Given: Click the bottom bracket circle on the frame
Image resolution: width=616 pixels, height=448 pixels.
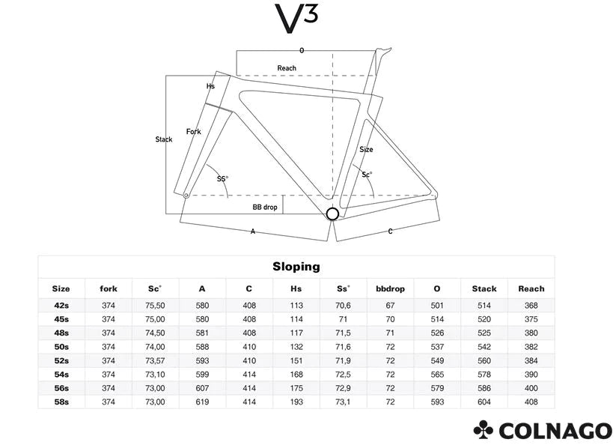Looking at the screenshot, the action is click(332, 214).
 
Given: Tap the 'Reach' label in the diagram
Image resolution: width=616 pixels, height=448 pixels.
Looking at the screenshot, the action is click(287, 68).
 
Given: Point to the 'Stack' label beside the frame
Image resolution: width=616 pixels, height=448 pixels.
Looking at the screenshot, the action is click(164, 139).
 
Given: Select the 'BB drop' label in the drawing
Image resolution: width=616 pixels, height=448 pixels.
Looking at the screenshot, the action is click(265, 208).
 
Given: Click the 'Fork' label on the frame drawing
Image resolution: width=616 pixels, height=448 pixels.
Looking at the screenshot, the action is click(193, 131).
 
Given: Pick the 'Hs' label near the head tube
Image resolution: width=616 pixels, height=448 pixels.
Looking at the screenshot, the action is click(210, 86).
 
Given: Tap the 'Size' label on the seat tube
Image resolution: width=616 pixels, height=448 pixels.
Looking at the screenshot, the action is click(366, 150).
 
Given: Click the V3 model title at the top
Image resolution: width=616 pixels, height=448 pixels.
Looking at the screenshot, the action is click(296, 19).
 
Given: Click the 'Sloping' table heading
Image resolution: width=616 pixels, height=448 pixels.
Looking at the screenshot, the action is click(296, 267).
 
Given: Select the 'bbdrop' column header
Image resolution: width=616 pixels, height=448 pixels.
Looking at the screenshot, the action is click(390, 288).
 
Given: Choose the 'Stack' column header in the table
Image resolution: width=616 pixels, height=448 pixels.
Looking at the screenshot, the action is click(484, 288).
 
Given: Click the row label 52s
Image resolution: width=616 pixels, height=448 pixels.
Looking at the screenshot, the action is click(61, 360).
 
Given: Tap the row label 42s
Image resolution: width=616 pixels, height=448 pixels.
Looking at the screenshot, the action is click(61, 306).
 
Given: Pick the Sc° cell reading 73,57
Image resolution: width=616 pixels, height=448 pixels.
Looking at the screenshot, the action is click(155, 360).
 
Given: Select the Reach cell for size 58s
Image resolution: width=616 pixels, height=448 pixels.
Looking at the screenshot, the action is click(531, 402).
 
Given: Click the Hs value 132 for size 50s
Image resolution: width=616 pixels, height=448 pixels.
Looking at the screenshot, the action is click(296, 347).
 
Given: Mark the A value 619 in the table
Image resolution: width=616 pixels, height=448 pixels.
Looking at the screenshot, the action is click(202, 402).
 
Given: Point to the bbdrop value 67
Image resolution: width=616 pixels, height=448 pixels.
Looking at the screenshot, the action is click(390, 306).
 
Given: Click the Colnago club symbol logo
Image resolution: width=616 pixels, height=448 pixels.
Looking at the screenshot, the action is click(484, 429).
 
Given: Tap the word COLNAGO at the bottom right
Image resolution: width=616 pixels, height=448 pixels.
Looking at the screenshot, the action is click(555, 431).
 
